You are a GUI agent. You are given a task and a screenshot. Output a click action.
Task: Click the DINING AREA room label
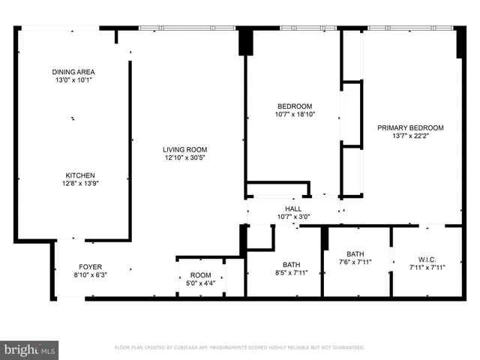coord(73,71)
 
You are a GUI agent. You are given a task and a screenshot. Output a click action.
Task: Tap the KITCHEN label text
coord(79,175)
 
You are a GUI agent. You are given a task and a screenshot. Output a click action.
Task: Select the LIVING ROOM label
coord(186,149)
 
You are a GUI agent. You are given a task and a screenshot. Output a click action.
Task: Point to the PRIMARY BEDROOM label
coord(410,128)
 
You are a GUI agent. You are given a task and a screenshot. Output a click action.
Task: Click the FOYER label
coord(91,266)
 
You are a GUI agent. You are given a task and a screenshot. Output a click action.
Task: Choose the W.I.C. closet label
coord(427,258)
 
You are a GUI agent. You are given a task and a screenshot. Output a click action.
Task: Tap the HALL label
coord(293,208)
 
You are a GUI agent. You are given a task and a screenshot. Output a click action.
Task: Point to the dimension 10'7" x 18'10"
coord(294,115)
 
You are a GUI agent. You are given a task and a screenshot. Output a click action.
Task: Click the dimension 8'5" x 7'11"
coord(291,274)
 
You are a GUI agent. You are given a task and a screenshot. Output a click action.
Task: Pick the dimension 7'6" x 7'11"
coord(355,262)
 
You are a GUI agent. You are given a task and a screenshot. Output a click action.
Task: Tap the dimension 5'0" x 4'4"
coord(200,283)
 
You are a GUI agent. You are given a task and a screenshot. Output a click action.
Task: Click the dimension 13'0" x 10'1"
coord(73,79)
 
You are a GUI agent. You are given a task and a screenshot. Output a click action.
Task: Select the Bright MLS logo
coord(29,349)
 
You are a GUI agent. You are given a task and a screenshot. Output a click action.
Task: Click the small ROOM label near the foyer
coord(200,275)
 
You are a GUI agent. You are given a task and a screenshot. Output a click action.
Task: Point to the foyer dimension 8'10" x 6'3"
coord(91,275)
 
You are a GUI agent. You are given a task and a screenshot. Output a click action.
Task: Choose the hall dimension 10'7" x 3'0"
coord(293,217)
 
